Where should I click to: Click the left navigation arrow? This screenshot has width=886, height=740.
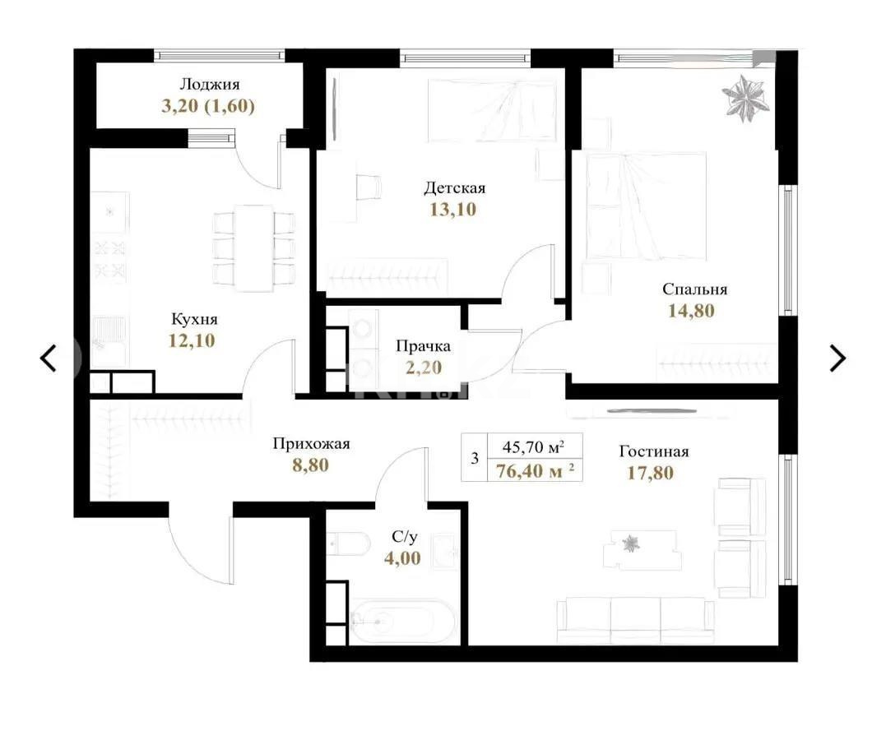(x=49, y=358)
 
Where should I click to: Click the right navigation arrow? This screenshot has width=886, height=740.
(x=837, y=358)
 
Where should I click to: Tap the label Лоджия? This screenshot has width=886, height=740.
(x=210, y=84)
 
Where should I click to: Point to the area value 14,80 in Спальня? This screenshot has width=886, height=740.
(x=692, y=311)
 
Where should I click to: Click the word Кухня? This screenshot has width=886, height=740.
(x=194, y=319)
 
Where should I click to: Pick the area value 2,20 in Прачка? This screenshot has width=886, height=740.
(x=424, y=368)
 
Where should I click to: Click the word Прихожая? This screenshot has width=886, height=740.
(x=312, y=444)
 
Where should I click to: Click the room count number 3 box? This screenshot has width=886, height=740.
(x=475, y=459)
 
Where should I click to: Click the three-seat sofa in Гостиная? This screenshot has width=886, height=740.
(x=634, y=619)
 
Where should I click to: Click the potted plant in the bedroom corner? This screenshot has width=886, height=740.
(x=747, y=97)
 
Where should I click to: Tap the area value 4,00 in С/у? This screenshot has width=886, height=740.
(x=402, y=558)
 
